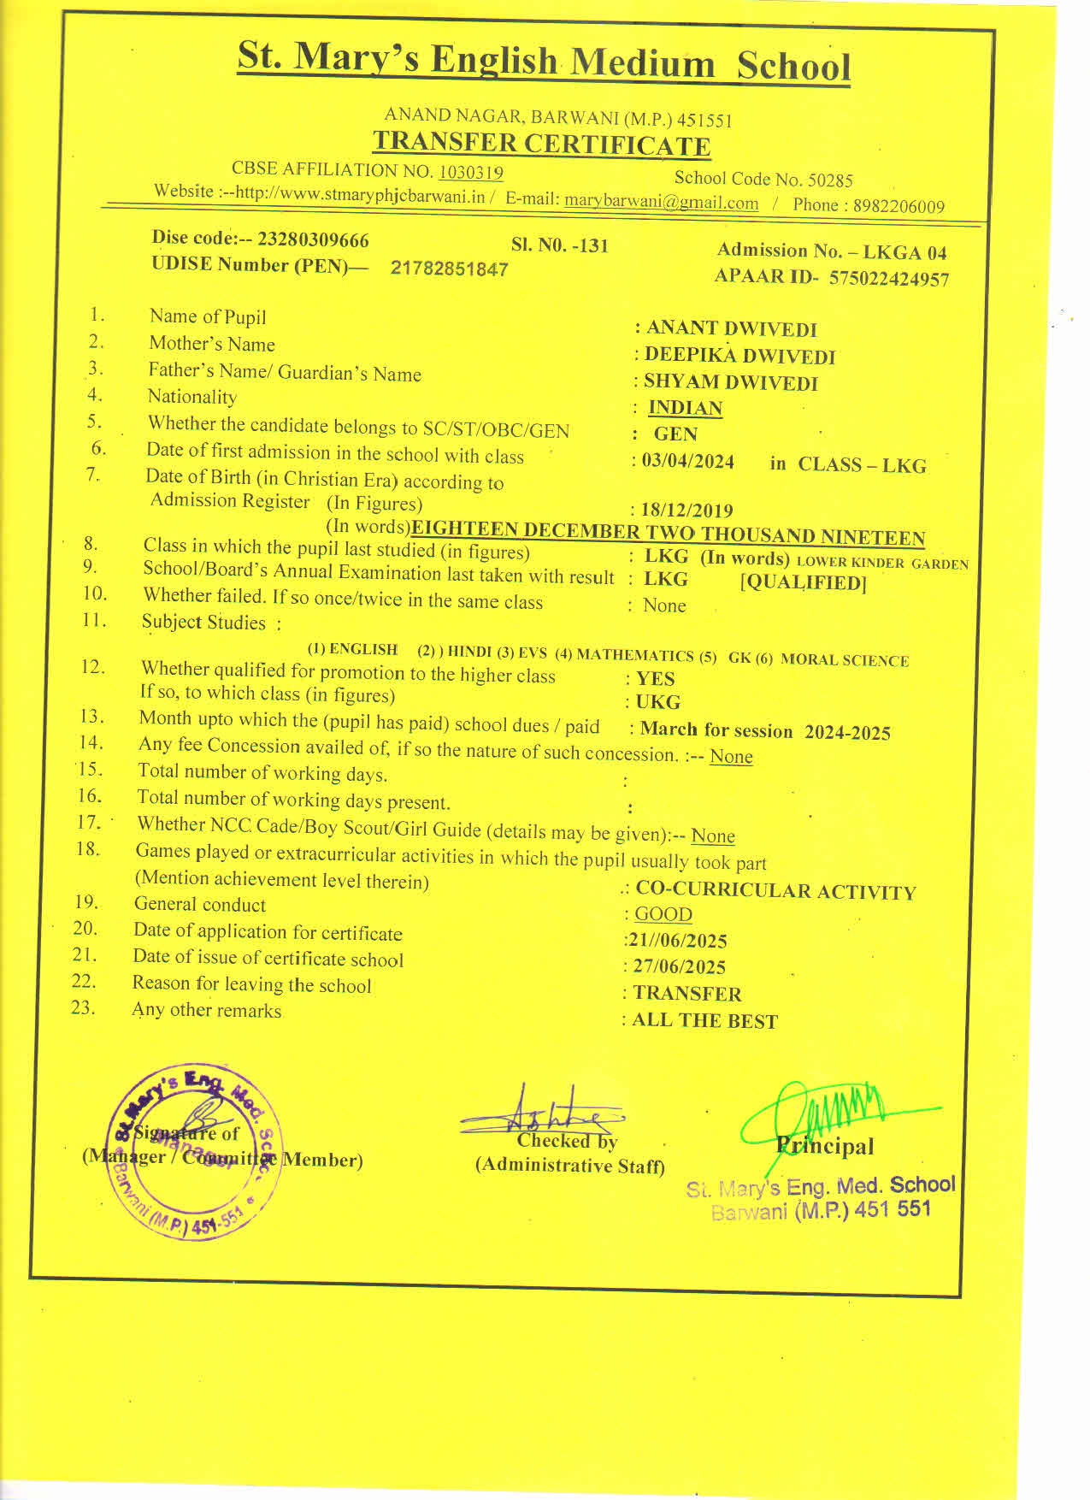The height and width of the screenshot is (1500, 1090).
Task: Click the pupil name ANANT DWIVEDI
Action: (x=732, y=329)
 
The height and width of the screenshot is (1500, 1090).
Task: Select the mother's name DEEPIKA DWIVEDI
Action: (x=739, y=356)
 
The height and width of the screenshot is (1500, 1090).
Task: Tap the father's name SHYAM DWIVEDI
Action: (x=731, y=382)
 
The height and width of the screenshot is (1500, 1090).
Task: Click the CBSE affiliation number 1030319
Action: (x=470, y=172)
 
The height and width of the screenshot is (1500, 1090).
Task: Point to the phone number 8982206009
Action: (x=898, y=206)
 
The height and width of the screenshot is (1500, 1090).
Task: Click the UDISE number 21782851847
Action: (x=449, y=269)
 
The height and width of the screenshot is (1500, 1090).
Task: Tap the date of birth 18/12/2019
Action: (x=687, y=511)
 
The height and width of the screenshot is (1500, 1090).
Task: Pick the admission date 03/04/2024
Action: (x=688, y=462)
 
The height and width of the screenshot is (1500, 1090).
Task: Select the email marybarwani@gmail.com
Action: (x=661, y=203)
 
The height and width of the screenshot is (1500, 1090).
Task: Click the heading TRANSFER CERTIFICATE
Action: (x=541, y=144)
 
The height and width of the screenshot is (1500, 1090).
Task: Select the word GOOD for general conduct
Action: (x=663, y=914)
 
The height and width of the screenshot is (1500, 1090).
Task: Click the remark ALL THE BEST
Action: (x=704, y=1021)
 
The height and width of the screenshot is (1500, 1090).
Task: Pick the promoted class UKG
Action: (x=658, y=702)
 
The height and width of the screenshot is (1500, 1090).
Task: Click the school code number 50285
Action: (x=830, y=180)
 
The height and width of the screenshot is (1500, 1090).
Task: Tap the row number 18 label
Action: (x=87, y=849)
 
